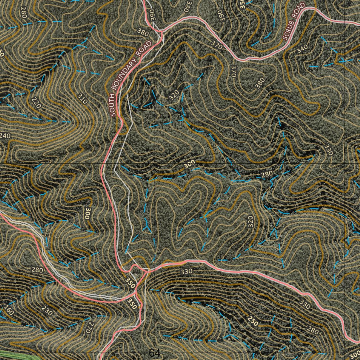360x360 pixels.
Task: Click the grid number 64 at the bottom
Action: [x=154, y=353]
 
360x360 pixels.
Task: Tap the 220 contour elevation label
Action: [x=35, y=103]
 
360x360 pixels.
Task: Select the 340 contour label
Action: [x=302, y=49]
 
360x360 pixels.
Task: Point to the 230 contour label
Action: [x=47, y=311]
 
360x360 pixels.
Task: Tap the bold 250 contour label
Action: [x=252, y=320]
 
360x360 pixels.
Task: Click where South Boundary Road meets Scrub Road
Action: [x=160, y=32]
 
